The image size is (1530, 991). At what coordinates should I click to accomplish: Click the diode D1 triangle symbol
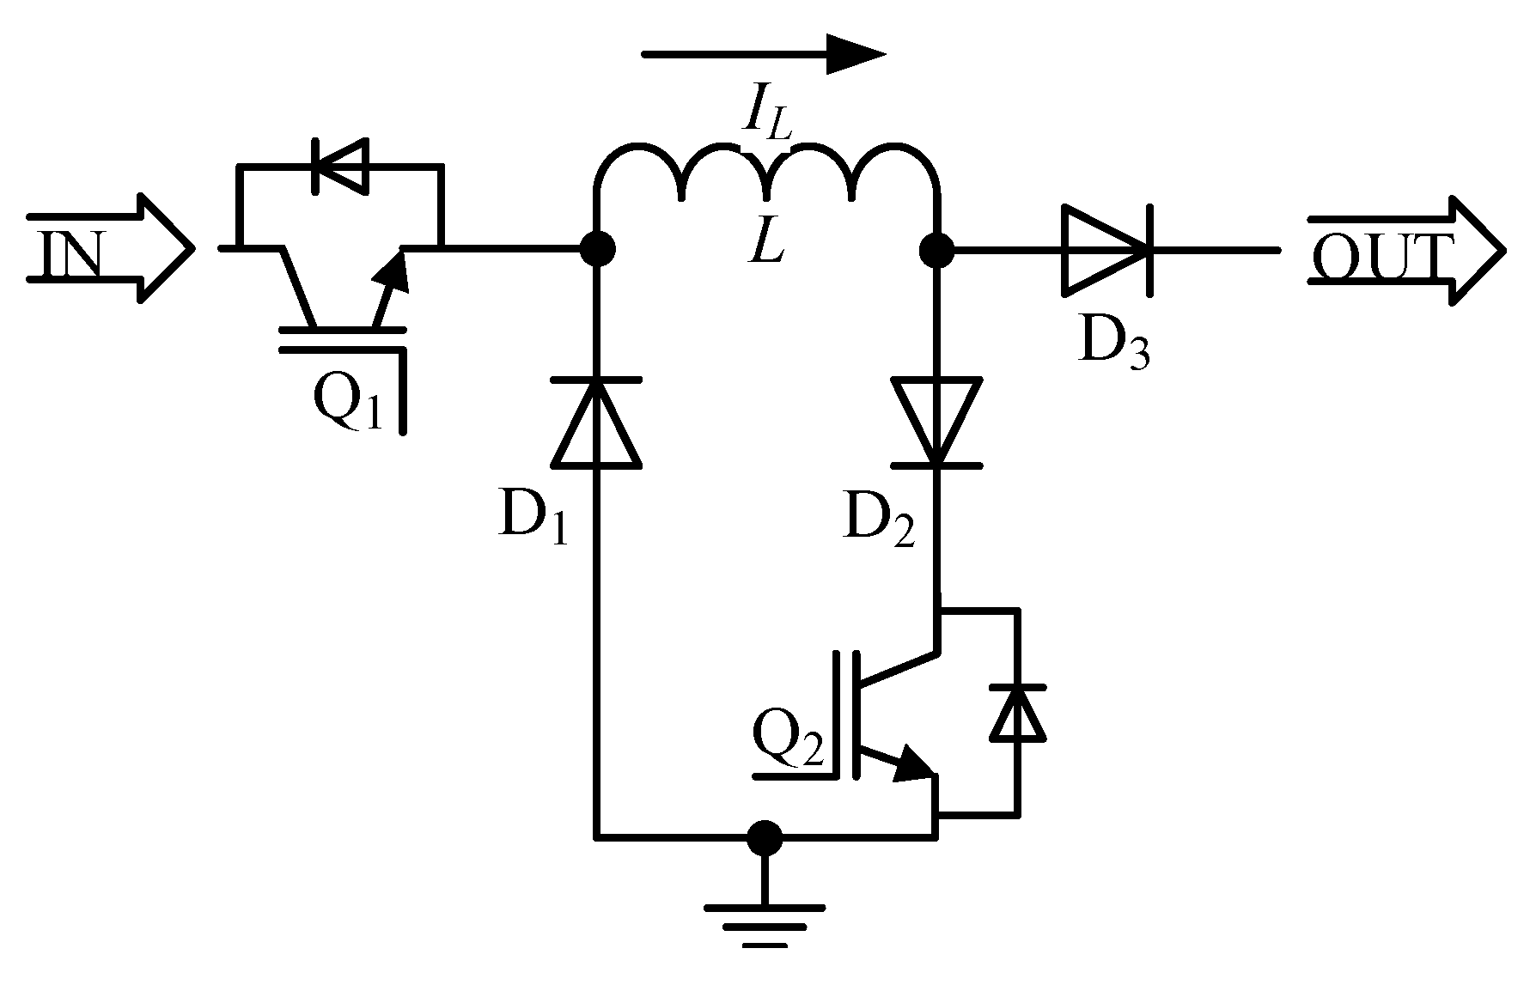click(x=597, y=423)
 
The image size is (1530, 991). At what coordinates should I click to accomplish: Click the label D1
click(x=533, y=519)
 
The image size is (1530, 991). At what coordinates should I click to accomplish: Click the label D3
click(x=1113, y=344)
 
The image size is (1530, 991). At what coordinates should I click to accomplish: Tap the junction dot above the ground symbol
click(x=765, y=837)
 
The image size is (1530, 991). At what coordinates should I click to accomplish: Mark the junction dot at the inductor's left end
click(x=597, y=250)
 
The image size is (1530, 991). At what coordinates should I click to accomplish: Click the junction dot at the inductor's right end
click(x=936, y=250)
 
